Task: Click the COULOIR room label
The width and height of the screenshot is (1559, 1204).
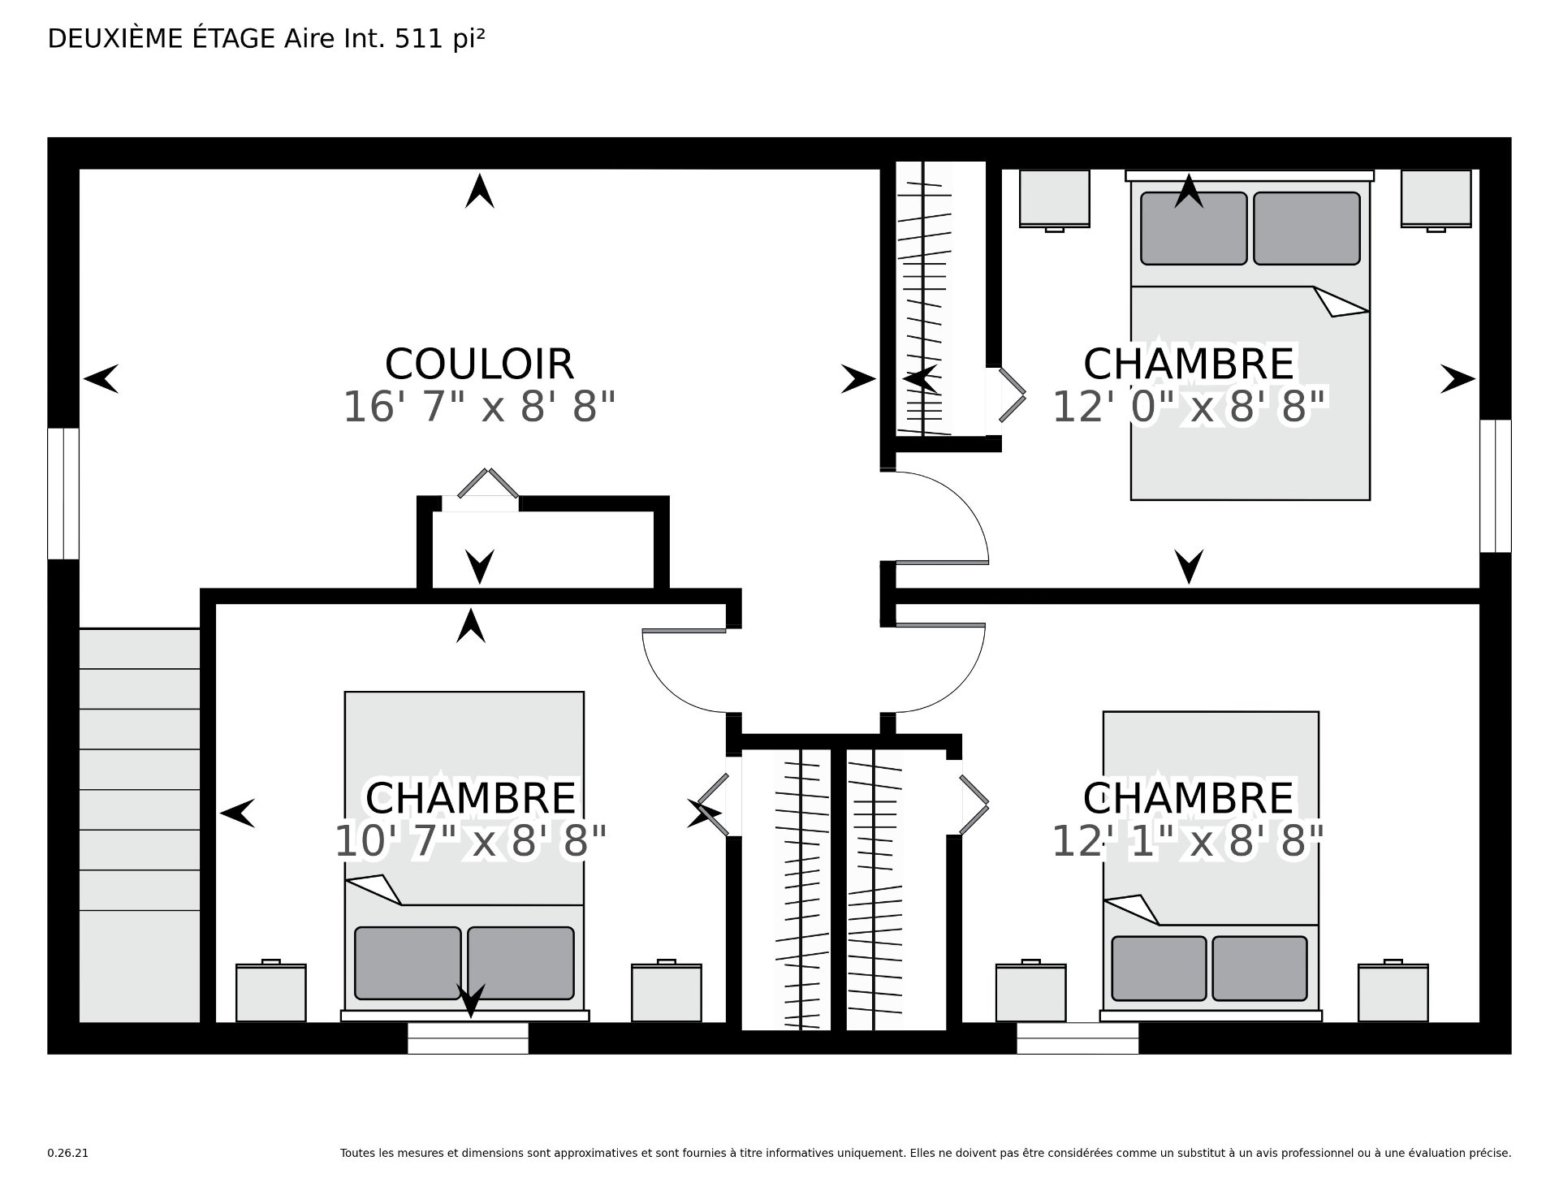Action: (479, 364)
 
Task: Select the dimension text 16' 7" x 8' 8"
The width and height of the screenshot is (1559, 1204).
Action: (479, 407)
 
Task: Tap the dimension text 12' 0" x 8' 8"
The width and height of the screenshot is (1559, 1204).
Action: (1189, 407)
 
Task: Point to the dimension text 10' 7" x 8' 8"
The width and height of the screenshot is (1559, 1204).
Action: (471, 841)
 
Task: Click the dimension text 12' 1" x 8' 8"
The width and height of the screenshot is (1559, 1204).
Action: (1189, 841)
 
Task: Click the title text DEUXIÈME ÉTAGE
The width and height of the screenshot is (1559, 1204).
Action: (162, 38)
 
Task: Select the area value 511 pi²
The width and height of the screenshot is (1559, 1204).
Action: (439, 38)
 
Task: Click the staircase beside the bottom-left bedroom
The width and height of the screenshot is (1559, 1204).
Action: (140, 825)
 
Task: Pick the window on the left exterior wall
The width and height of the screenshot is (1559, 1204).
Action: (63, 494)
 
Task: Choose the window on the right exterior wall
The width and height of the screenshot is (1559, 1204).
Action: (1495, 485)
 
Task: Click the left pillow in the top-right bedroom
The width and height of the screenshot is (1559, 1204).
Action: (1194, 228)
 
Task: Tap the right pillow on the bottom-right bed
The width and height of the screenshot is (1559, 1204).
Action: (1260, 968)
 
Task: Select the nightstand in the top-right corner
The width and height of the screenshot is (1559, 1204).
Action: (1436, 199)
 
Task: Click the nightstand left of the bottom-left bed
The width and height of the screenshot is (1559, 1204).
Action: (271, 991)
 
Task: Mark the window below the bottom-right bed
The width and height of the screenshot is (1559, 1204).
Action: (1077, 1038)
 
